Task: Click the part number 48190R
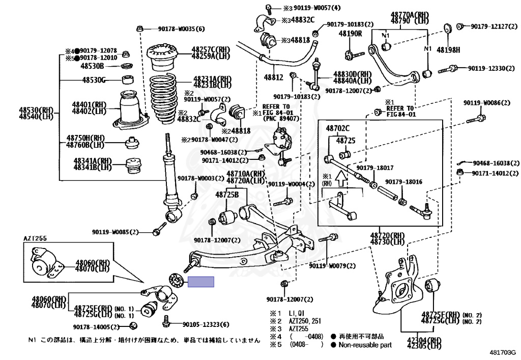351,34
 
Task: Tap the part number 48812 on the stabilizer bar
273,77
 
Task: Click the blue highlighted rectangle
201,282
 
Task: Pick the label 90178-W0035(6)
180,29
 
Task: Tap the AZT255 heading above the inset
35,238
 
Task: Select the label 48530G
94,80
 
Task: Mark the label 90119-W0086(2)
486,103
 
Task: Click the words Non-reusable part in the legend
365,345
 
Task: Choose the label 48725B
227,195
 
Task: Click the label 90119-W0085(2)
116,232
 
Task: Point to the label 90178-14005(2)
96,326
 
